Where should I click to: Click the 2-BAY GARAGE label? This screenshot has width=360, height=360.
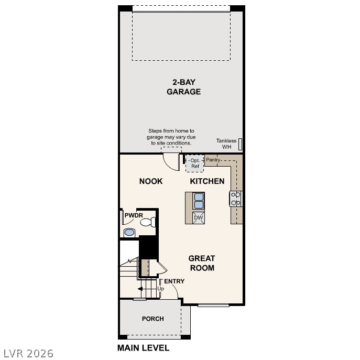pyautogui.click(x=183, y=86)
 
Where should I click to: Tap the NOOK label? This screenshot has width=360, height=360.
pyautogui.click(x=151, y=181)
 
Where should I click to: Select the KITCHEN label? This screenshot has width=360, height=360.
pyautogui.click(x=207, y=181)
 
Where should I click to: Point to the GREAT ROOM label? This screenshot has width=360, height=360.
pyautogui.click(x=202, y=263)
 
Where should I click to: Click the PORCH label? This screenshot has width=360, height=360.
pyautogui.click(x=153, y=319)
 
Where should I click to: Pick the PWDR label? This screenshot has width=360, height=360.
pyautogui.click(x=134, y=215)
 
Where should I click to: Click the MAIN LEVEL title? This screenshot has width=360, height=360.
pyautogui.click(x=143, y=348)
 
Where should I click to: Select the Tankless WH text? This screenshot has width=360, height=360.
pyautogui.click(x=226, y=144)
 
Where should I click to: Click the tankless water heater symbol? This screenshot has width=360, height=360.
pyautogui.click(x=240, y=144)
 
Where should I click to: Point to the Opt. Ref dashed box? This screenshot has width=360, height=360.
pyautogui.click(x=195, y=163)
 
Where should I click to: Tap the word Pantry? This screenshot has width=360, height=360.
pyautogui.click(x=213, y=159)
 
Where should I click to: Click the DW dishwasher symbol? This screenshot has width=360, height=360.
pyautogui.click(x=198, y=217)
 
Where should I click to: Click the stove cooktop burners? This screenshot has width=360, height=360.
pyautogui.click(x=236, y=198)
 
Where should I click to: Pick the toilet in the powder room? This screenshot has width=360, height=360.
pyautogui.click(x=147, y=222)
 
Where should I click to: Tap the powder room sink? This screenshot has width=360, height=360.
pyautogui.click(x=129, y=232)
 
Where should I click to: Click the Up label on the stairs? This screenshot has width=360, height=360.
pyautogui.click(x=160, y=289)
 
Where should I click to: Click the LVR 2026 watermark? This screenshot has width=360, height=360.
pyautogui.click(x=28, y=354)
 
